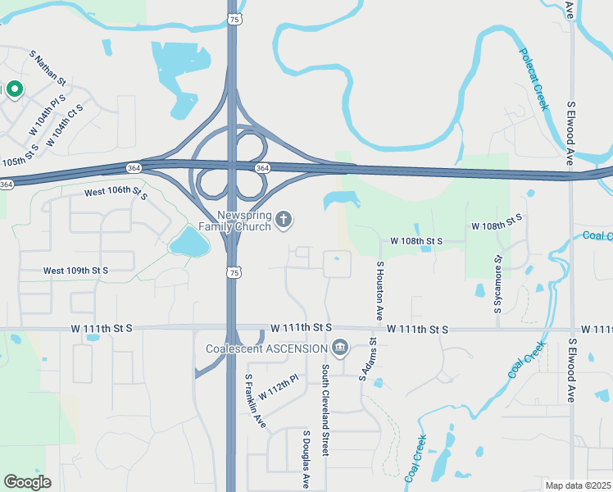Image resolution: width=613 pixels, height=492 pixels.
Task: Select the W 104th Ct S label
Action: (x=65, y=125)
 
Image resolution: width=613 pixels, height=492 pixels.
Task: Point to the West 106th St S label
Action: (x=116, y=194)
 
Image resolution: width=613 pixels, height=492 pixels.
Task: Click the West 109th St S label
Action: (x=75, y=270)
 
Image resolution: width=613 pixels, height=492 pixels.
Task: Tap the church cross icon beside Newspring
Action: (x=284, y=218)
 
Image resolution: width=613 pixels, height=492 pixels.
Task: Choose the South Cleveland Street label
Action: (x=325, y=410)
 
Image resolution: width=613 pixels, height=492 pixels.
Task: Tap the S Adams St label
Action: (x=367, y=360)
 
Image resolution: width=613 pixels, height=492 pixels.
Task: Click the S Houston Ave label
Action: (x=380, y=291)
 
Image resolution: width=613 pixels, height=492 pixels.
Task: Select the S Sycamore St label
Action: (x=497, y=285)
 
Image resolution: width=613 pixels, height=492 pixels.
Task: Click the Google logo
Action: (x=27, y=481)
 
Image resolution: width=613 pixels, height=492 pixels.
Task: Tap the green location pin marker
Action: (x=15, y=89)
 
